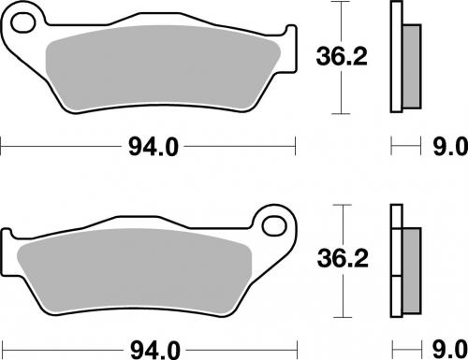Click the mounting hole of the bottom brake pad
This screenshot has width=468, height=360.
pos(273,226)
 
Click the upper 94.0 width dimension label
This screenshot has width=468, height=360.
pos(151,146)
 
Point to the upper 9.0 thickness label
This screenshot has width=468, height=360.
pos(446,147)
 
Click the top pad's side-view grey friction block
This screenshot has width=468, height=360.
pos(410,65)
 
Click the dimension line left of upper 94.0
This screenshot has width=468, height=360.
pos(56,146)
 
